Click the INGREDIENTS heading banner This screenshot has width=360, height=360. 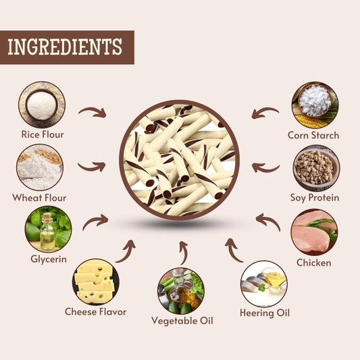tap(67, 47)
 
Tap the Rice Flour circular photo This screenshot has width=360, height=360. tap(42, 105)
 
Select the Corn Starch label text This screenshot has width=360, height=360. tap(313, 135)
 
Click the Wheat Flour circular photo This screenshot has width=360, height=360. tap(40, 167)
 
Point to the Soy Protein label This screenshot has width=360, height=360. tap(315, 198)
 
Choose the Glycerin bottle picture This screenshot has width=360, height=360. tap(48, 229)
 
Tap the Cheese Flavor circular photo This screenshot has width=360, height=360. tap(96, 282)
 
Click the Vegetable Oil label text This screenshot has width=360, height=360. tap(182, 321)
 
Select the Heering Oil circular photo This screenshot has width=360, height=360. tap(264, 284)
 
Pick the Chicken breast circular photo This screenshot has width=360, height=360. tap(314, 232)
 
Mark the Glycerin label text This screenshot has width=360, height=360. tap(49, 259)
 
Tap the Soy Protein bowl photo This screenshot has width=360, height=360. tap(317, 168)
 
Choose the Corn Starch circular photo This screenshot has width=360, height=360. tap(315, 105)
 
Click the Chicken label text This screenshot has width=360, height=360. tap(314, 263)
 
